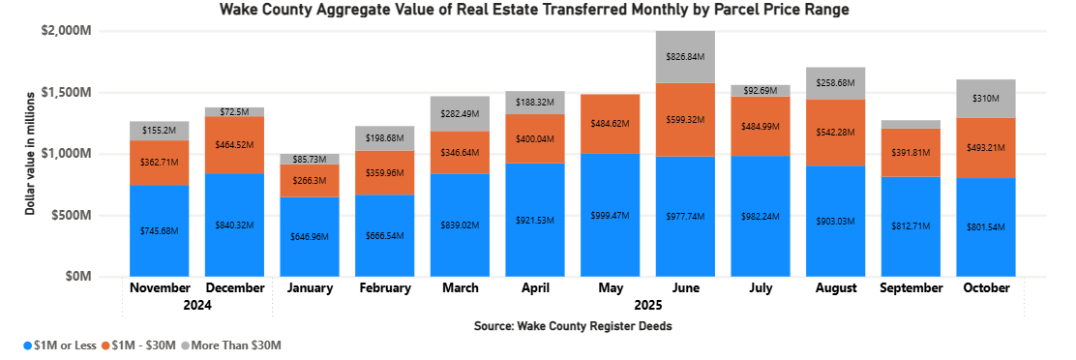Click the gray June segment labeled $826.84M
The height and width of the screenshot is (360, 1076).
click(685, 57)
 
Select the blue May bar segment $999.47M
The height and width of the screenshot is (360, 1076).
click(610, 214)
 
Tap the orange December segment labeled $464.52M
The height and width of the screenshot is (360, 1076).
click(234, 144)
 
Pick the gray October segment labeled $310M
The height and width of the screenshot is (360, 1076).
click(986, 99)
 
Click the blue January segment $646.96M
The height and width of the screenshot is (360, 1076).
click(310, 236)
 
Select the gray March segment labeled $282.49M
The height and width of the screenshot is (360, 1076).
click(460, 113)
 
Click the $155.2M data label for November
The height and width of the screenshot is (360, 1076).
click(159, 129)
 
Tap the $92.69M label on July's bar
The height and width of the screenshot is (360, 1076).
click(761, 91)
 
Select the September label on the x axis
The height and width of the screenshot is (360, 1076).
click(911, 288)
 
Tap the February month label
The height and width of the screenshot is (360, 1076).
click(384, 288)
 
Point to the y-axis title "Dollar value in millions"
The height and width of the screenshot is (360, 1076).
click(30, 153)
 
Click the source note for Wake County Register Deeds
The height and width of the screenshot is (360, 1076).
click(572, 326)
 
